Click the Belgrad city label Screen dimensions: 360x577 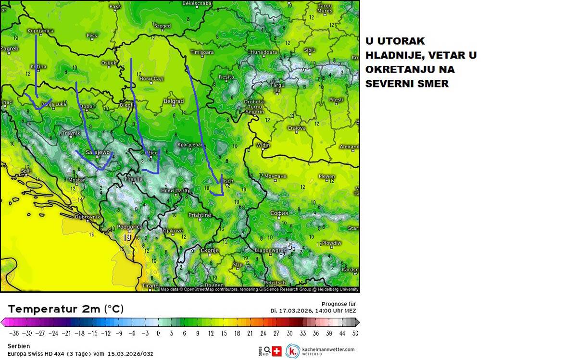click(x=174, y=101)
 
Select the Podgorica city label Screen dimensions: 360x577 click(x=129, y=227)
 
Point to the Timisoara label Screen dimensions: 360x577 click(x=202, y=52)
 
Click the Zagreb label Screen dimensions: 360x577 click(x=10, y=49)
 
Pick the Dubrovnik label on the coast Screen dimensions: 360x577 click(x=87, y=217)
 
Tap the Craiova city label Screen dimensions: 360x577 click(x=297, y=128)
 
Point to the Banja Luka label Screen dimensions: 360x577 click(x=53, y=104)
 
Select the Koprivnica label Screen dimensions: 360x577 click(x=40, y=31)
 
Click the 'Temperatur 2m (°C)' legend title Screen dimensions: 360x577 click(x=66, y=309)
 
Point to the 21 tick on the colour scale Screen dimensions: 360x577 click(x=249, y=333)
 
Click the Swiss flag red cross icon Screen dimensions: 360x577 click(x=276, y=351)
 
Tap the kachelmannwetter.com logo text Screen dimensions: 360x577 click(x=328, y=349)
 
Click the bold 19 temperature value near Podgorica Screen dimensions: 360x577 click(x=127, y=237)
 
